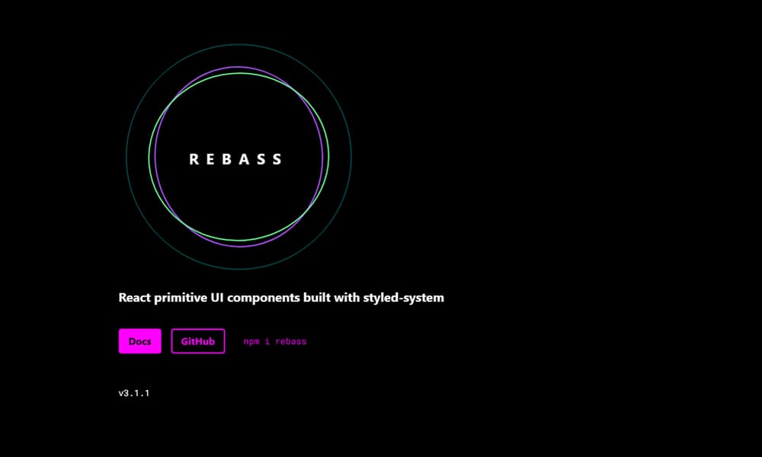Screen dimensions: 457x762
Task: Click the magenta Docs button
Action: point(139,341)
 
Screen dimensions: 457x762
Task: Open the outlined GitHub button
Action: point(198,341)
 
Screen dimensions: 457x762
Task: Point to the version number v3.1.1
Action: point(133,393)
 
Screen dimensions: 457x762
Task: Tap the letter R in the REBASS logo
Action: point(194,159)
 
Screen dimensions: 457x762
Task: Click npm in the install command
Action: point(251,342)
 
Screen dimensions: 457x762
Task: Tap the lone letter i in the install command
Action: point(267,342)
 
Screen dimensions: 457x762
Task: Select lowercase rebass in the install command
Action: point(291,342)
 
